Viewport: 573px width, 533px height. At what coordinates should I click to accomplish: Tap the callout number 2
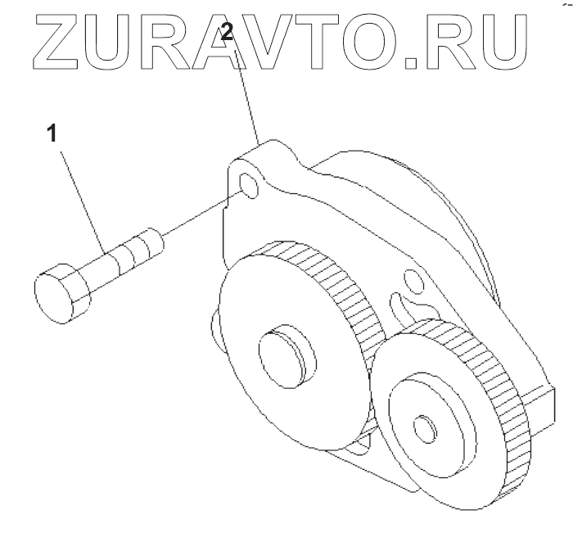228,34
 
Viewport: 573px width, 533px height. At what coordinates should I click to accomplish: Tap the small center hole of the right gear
424,428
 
